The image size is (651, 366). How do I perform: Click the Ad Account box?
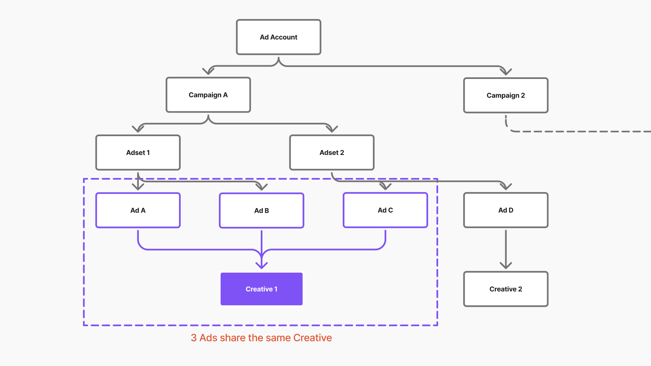279,37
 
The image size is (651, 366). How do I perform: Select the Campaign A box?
208,95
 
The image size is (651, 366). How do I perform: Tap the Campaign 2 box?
506,95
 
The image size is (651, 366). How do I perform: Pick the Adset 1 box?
138,153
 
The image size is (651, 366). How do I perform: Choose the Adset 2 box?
332,153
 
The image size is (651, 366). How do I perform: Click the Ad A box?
138,210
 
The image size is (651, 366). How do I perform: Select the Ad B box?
261,211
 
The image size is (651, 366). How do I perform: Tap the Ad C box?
385,210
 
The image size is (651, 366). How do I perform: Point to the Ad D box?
506,210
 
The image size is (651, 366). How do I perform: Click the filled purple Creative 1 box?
261,289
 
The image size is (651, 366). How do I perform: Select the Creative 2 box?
506,289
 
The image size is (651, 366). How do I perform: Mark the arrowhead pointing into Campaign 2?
506,72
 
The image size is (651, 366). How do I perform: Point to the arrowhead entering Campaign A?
208,71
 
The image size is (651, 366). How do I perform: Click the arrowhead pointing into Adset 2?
332,129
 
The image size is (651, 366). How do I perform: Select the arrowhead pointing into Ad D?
506,187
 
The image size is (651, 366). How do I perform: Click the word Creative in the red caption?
312,338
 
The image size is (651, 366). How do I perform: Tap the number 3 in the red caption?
194,338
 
